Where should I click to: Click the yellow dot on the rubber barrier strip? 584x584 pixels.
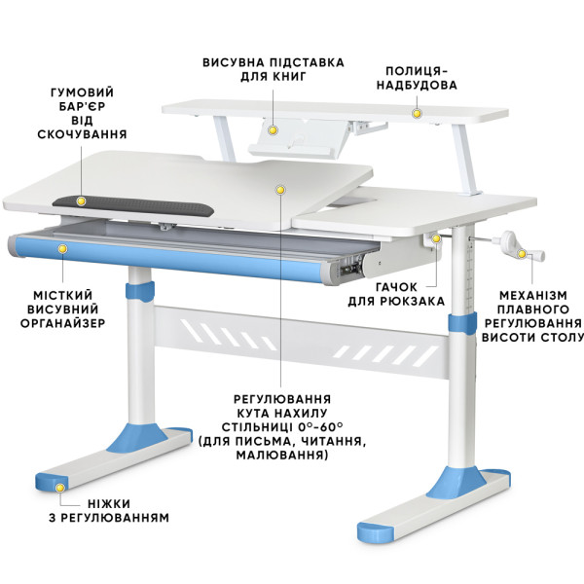click(81, 201)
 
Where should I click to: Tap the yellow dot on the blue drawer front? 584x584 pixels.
click(63, 248)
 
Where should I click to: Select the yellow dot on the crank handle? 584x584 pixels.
click(522, 254)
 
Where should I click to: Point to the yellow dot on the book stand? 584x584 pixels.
click(274, 130)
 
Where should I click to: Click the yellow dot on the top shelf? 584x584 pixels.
click(418, 113)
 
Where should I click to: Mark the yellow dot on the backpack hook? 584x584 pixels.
click(435, 238)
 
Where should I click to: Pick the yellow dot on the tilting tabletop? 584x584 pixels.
click(280, 190)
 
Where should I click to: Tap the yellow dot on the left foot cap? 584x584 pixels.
click(59, 488)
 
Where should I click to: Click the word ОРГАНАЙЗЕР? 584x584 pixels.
click(63, 323)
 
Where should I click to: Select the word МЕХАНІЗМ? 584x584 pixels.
click(533, 296)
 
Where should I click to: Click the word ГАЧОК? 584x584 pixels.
click(396, 287)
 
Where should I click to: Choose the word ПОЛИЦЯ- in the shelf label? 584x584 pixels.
click(417, 71)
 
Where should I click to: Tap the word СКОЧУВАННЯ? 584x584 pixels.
click(83, 134)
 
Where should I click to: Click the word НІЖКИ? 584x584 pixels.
click(109, 504)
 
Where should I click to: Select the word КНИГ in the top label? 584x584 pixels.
click(289, 77)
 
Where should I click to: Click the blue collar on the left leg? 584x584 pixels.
click(139, 291)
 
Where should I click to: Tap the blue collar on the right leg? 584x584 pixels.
click(462, 322)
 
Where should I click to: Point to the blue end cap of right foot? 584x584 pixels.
click(375, 531)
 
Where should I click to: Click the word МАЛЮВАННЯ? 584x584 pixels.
click(282, 455)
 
